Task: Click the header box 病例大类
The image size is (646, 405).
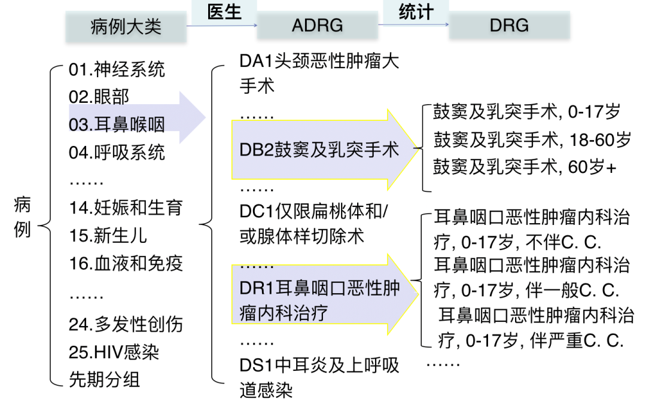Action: click(x=126, y=26)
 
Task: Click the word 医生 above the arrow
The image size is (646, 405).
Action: click(x=224, y=11)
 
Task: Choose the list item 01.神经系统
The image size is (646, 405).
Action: click(x=117, y=70)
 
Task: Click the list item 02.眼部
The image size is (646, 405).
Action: click(x=99, y=97)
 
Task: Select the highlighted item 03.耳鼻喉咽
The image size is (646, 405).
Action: click(x=117, y=124)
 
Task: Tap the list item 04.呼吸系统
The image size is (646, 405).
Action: click(x=117, y=152)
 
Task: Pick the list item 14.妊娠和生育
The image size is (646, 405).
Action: click(x=126, y=208)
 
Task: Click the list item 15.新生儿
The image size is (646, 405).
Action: click(x=108, y=235)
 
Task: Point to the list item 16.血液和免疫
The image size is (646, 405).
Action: click(x=126, y=263)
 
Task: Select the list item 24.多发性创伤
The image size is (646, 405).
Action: click(x=126, y=324)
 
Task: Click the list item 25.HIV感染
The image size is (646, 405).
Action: click(x=114, y=352)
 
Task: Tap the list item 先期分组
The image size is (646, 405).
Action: click(x=105, y=379)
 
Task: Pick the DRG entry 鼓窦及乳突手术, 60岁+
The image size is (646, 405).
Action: click(x=525, y=167)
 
